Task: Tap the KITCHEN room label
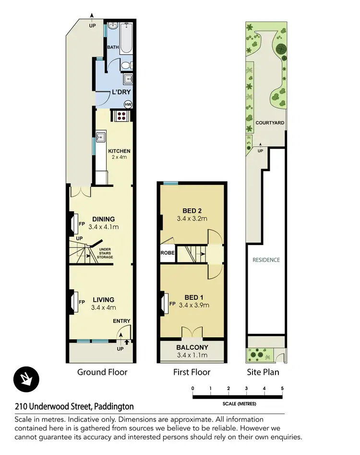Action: pyautogui.click(x=119, y=151)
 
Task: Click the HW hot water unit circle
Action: pyautogui.click(x=128, y=104)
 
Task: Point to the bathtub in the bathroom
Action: pyautogui.click(x=127, y=38)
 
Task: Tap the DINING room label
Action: pyautogui.click(x=104, y=220)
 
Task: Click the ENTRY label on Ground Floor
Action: pyautogui.click(x=121, y=321)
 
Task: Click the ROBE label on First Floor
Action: pyautogui.click(x=167, y=253)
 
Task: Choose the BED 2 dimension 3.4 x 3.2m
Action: pyautogui.click(x=192, y=219)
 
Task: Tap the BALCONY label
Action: pyautogui.click(x=192, y=347)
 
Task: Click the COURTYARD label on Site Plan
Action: pyautogui.click(x=270, y=123)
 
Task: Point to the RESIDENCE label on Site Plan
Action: pyautogui.click(x=266, y=260)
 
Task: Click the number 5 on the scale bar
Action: pyautogui.click(x=282, y=388)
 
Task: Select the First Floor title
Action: pyautogui.click(x=192, y=372)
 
